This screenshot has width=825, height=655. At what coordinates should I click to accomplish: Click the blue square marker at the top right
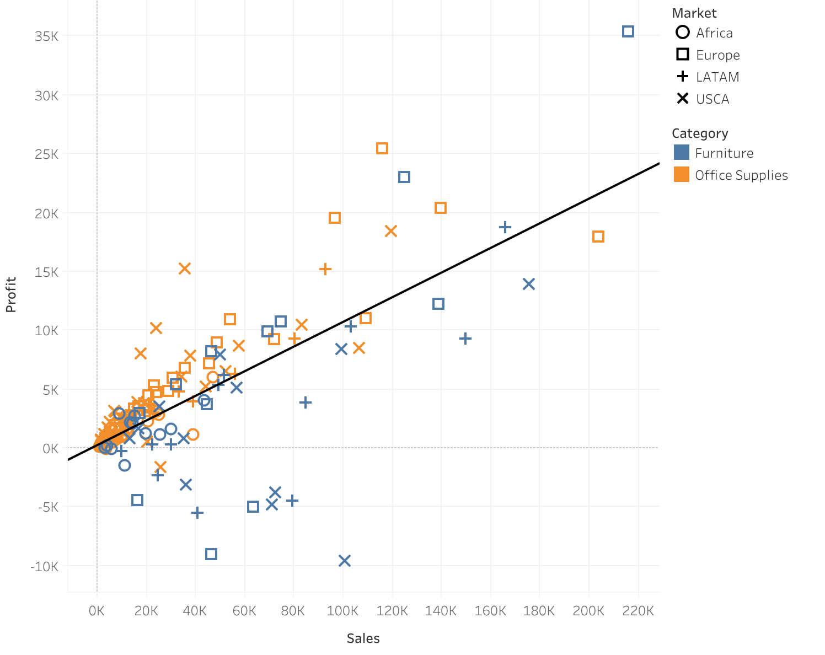point(628,31)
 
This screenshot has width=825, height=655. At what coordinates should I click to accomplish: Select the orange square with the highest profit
point(382,148)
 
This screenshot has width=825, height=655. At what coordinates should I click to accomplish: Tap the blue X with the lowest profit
point(345,561)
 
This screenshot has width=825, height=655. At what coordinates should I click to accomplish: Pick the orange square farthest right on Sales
point(598,237)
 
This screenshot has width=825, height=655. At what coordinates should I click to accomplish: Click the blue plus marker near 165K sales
point(505,227)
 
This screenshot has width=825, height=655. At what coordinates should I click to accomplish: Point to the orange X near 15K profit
point(185,269)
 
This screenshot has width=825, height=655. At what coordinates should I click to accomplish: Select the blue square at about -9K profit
point(211,554)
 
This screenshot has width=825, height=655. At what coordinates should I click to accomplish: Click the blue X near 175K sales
point(529,284)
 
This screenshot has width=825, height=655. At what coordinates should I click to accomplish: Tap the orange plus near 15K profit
point(325,269)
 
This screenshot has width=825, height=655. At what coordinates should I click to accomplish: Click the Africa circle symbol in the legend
point(683,33)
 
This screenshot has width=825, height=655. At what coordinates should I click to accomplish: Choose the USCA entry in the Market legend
point(712,99)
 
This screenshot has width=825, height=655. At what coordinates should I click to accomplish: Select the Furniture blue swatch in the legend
point(682,153)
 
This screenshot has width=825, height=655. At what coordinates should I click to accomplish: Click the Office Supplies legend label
point(741,175)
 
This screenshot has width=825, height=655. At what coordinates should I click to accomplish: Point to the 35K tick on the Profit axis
point(46,36)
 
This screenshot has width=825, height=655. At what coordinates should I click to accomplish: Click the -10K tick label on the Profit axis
point(44,567)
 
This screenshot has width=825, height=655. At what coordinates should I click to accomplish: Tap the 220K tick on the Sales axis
point(638,611)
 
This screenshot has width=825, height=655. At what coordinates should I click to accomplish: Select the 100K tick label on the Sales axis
point(342,611)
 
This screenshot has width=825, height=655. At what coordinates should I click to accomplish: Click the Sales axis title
point(363,638)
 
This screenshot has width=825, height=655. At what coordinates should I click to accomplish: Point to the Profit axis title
point(11,294)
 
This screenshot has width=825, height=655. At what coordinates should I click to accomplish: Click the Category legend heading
point(700,133)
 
